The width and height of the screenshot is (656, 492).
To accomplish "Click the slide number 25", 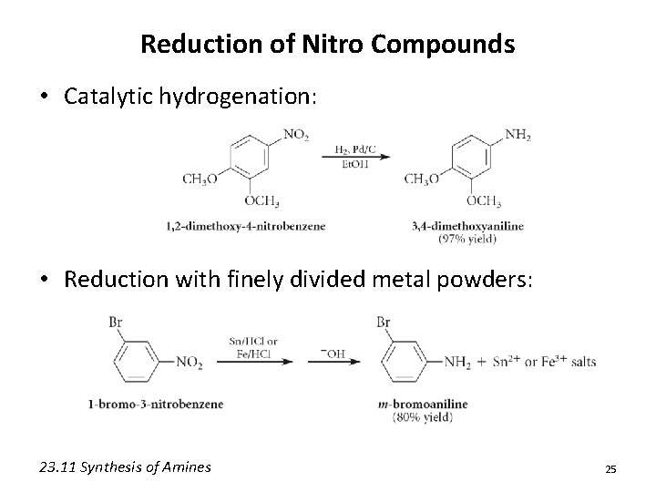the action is (x=610, y=468).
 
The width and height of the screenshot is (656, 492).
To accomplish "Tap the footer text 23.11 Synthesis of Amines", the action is (x=125, y=467).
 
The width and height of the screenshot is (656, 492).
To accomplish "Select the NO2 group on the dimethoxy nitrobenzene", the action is (x=296, y=136).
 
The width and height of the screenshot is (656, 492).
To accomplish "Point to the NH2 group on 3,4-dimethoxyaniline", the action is (x=517, y=136).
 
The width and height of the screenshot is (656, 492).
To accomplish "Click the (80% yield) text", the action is (x=423, y=417).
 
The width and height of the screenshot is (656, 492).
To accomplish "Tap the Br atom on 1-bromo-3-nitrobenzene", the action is (x=117, y=322).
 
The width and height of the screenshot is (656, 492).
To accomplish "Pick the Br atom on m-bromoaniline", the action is (x=384, y=322).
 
